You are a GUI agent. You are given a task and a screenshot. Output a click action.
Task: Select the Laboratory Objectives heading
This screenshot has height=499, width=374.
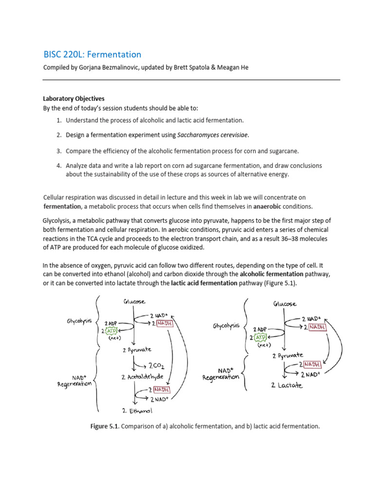(74, 98)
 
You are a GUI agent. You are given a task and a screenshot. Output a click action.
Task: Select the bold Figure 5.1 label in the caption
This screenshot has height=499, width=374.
(105, 426)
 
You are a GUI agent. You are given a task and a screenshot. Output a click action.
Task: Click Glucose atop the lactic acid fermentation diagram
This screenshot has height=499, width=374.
(284, 303)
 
